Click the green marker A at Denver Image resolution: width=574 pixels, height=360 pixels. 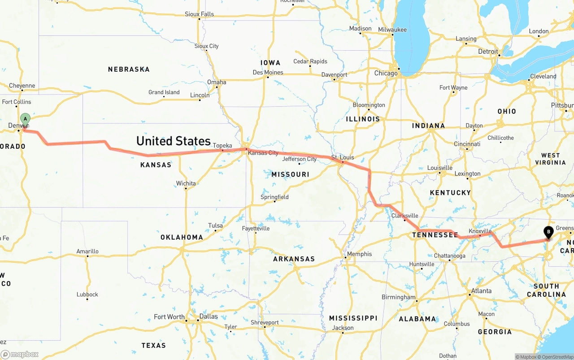(25, 120)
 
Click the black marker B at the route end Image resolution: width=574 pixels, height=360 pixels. (548, 232)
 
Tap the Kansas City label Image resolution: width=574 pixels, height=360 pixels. (263, 153)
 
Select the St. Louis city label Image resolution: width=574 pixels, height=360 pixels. (343, 157)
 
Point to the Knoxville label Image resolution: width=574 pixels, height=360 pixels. (480, 231)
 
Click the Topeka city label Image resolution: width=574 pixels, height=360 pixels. (222, 146)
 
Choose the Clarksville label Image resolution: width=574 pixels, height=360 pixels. (404, 216)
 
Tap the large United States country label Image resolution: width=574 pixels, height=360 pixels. (174, 141)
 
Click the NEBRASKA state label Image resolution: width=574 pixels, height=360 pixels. (129, 69)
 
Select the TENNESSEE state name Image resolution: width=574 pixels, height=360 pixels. (435, 235)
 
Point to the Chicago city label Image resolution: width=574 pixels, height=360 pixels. (386, 73)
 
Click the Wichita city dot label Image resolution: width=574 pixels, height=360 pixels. (186, 183)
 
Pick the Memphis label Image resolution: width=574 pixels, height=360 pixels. (359, 254)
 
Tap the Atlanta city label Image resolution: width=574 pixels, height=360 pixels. (481, 291)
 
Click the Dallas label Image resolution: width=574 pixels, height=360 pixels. (209, 317)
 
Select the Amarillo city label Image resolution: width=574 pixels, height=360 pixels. (87, 252)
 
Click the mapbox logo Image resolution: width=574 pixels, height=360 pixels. (20, 354)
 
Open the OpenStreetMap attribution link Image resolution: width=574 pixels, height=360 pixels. (557, 357)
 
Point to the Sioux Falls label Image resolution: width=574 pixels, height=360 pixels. (199, 14)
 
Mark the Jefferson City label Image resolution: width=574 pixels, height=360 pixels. (299, 159)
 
